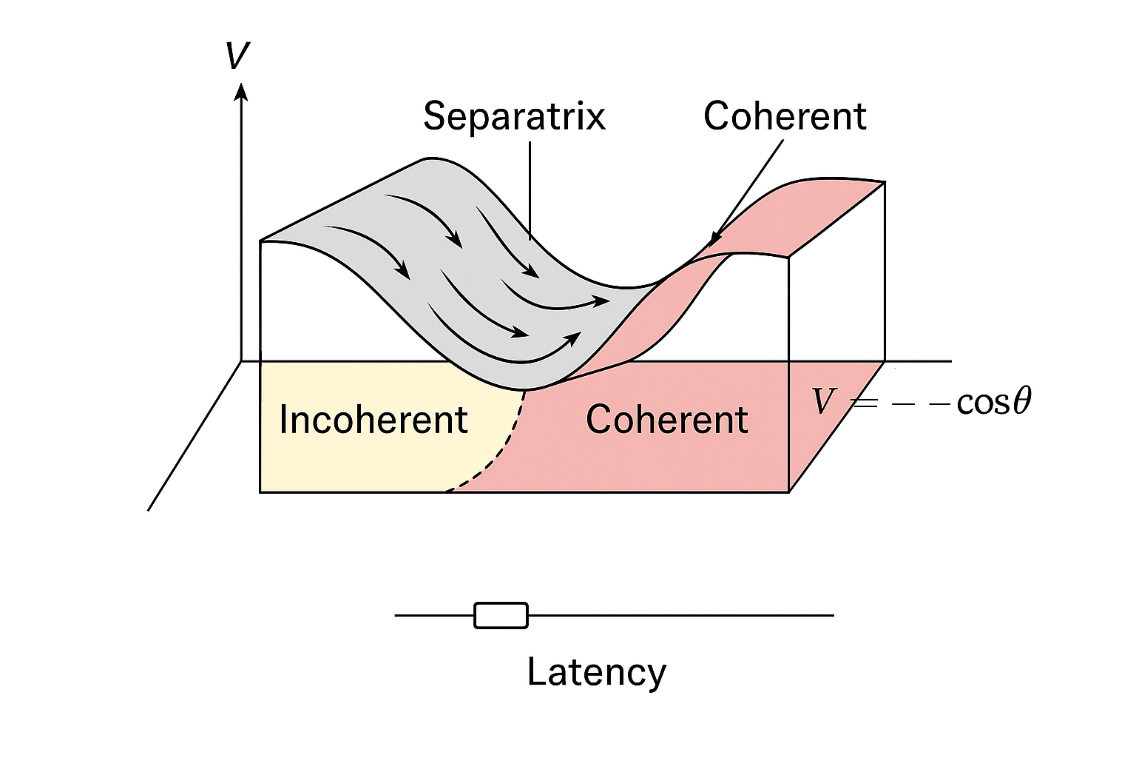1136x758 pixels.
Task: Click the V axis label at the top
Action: coord(238,55)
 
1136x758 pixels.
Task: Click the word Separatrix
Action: coord(514,117)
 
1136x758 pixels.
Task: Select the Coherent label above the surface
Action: coord(785,115)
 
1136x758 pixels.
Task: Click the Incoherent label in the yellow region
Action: coord(373,420)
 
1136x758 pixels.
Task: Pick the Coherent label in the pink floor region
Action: coord(666,420)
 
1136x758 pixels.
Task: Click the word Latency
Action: coord(596,672)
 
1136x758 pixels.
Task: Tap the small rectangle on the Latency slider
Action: coord(501,615)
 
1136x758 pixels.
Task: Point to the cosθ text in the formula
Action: coord(994,402)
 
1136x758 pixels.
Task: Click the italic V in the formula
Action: coord(822,401)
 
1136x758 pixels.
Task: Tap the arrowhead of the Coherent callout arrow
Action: coord(715,239)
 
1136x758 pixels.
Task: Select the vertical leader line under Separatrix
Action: coord(530,190)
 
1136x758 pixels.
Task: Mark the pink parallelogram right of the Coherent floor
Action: coord(836,426)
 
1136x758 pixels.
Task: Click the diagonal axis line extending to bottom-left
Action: coord(195,435)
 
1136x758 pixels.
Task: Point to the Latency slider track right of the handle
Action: coord(681,615)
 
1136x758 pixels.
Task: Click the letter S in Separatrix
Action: coord(435,117)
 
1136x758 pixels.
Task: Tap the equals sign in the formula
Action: coord(864,403)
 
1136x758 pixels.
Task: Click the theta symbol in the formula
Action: coord(1022,401)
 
